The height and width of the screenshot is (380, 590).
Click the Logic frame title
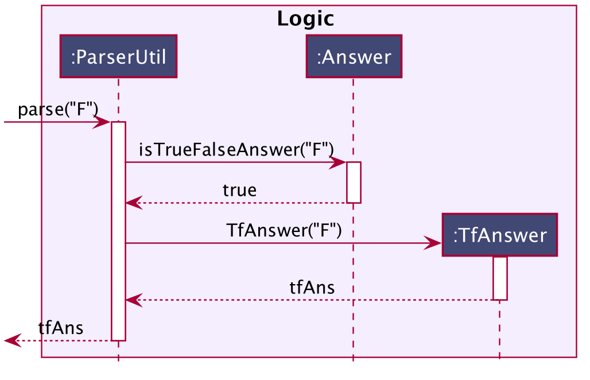(305, 18)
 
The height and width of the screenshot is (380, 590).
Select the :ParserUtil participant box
(119, 56)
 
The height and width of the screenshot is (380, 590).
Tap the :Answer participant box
(354, 56)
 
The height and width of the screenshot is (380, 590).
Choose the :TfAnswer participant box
(500, 235)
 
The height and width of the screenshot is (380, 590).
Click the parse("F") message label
(59, 110)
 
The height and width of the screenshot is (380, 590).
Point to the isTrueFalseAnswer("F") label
(236, 150)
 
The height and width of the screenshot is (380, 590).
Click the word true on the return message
(240, 190)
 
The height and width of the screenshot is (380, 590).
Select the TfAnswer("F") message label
(284, 230)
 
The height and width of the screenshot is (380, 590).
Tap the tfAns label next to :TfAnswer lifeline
(312, 288)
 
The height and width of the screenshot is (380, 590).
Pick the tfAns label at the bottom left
(61, 328)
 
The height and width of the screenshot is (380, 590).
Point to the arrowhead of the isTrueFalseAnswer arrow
(339, 162)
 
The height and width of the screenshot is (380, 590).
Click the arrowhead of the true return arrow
(133, 203)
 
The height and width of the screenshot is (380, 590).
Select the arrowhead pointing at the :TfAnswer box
(433, 243)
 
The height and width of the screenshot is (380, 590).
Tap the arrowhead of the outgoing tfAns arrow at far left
(12, 340)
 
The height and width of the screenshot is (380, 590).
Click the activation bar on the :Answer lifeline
(354, 183)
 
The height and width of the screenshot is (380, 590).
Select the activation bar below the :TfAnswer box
(500, 278)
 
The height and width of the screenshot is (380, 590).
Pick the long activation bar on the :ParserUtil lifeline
(119, 231)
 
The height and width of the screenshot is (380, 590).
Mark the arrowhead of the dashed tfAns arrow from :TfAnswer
(133, 300)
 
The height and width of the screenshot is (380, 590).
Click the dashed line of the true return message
(236, 203)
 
